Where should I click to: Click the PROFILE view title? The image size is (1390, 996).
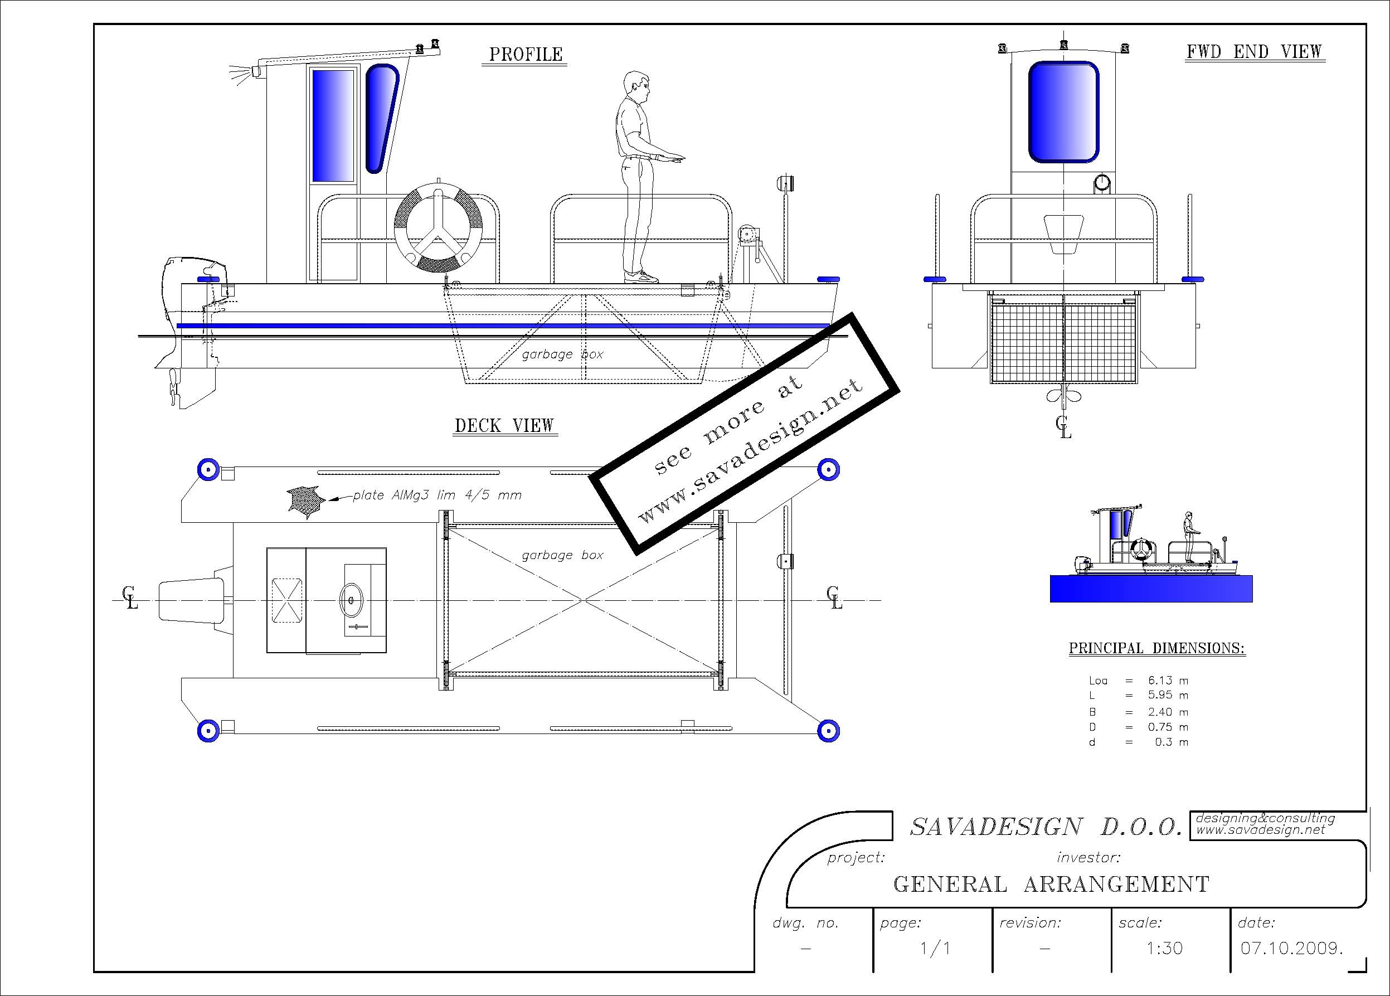525,55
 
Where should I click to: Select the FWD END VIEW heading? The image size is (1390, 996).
1254,51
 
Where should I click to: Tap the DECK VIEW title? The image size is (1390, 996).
504,425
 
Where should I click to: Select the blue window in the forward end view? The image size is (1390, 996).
1063,111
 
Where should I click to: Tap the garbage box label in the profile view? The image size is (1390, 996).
562,354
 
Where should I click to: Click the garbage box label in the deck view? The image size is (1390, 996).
562,555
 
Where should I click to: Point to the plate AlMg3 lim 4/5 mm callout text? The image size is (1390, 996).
437,495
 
